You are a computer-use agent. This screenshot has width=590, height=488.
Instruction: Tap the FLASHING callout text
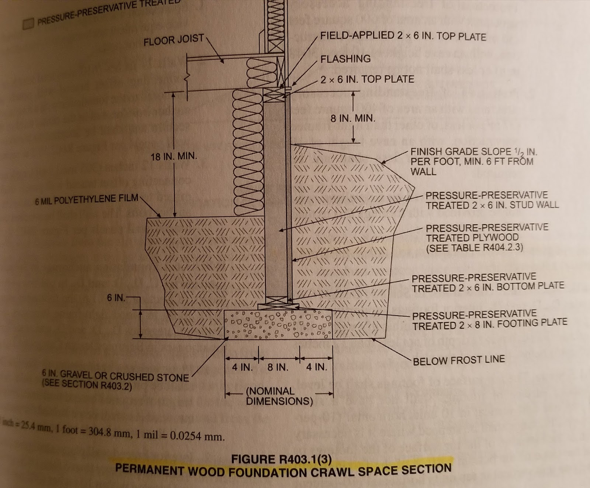pos(346,59)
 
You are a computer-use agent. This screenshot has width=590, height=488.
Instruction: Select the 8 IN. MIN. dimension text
pos(353,118)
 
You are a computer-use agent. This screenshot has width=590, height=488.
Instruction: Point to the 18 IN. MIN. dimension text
pos(174,157)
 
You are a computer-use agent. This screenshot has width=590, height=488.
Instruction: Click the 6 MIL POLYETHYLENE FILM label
pos(87,200)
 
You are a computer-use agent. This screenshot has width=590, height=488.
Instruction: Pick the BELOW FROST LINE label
pos(459,360)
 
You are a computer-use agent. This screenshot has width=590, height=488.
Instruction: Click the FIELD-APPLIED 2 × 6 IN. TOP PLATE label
pos(403,36)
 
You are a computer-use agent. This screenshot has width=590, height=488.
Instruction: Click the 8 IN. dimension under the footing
pos(278,367)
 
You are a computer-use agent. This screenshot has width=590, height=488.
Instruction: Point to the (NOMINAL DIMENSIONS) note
pos(279,396)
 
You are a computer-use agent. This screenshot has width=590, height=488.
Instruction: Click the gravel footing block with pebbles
pos(278,324)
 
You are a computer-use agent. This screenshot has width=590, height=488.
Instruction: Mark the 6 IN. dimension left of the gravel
pos(116,298)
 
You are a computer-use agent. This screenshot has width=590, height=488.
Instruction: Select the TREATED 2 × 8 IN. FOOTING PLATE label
pos(489,325)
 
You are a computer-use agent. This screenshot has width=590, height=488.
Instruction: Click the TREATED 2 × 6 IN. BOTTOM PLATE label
pos(488,287)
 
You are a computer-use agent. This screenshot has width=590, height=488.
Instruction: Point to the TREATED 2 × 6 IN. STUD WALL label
pos(492,205)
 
